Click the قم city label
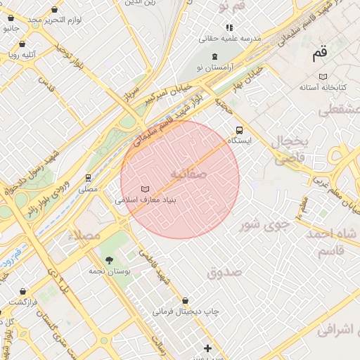320,53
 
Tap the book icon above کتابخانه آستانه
323,76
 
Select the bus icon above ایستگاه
240,130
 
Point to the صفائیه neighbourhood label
188,173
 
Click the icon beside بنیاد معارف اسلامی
146,189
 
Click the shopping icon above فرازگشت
23,291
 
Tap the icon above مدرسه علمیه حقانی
229,27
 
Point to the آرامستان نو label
214,65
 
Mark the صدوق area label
224,271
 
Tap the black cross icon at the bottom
207,348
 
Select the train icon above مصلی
88,178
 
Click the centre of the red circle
180,180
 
